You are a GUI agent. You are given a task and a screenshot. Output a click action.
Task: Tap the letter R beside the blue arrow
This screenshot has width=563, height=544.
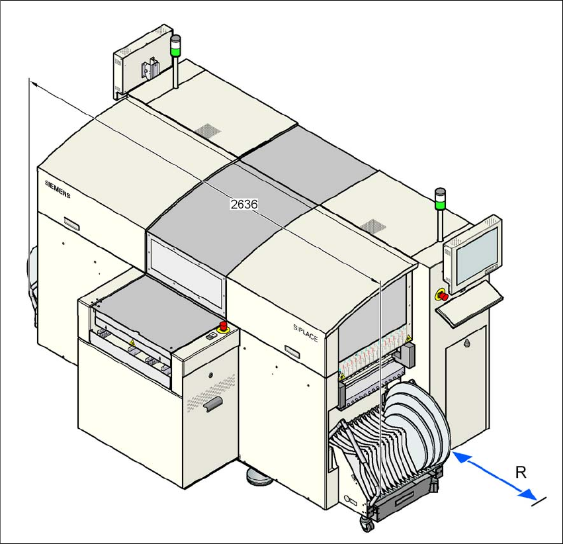click(521, 473)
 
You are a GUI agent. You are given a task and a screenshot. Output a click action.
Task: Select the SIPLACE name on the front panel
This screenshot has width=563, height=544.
click(306, 330)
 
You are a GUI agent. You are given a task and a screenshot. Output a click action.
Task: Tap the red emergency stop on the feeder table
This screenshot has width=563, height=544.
click(224, 326)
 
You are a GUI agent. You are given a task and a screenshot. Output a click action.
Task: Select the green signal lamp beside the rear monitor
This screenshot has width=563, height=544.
click(176, 46)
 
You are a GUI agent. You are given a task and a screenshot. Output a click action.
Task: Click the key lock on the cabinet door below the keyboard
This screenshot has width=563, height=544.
click(467, 343)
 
